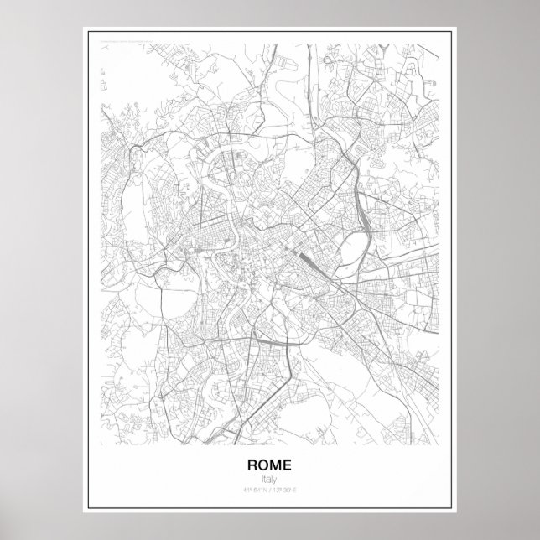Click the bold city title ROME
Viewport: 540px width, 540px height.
point(269,464)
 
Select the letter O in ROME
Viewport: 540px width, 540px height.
point(263,464)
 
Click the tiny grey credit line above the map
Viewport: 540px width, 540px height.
point(126,38)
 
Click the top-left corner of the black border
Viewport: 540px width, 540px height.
point(86,29)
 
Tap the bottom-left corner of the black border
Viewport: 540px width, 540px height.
point(86,511)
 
